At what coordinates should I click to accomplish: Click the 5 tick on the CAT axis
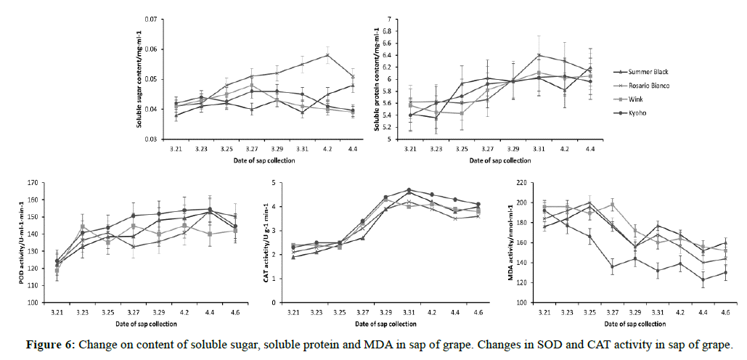click(x=273, y=183)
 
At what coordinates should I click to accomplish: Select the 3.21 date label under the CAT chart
click(x=293, y=311)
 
